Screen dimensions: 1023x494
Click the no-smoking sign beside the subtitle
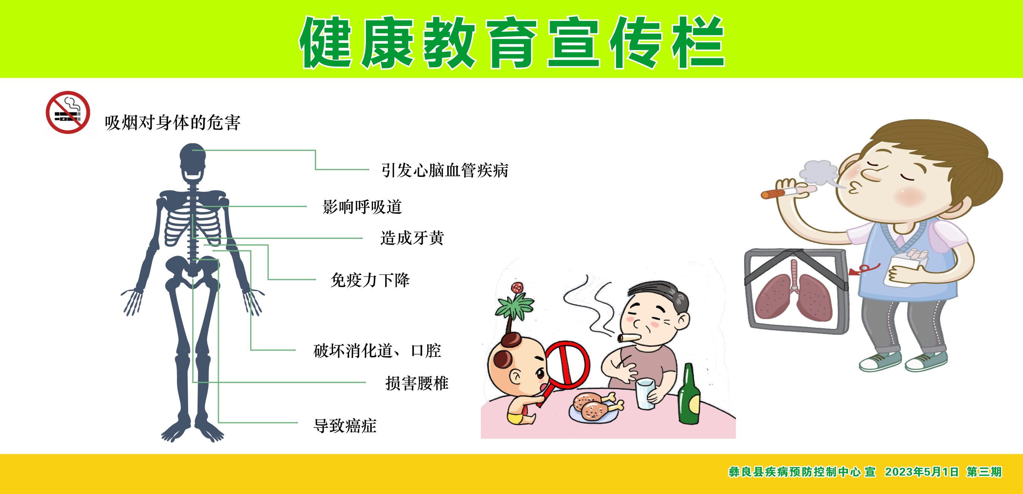[68, 112]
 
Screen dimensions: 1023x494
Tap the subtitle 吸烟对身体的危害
[172, 123]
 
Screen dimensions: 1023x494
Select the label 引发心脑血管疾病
[445, 170]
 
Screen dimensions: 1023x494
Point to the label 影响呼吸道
[362, 207]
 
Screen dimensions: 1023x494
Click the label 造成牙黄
[412, 238]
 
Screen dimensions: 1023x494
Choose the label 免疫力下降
[370, 280]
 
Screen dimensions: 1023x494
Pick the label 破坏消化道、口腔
[377, 351]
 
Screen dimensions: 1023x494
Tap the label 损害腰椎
[417, 383]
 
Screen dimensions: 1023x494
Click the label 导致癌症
[345, 426]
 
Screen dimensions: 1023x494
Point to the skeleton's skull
[193, 163]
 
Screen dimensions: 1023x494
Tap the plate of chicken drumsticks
[595, 406]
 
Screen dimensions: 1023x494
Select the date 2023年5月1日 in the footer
[921, 472]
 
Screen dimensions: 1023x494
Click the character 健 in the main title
[326, 42]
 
